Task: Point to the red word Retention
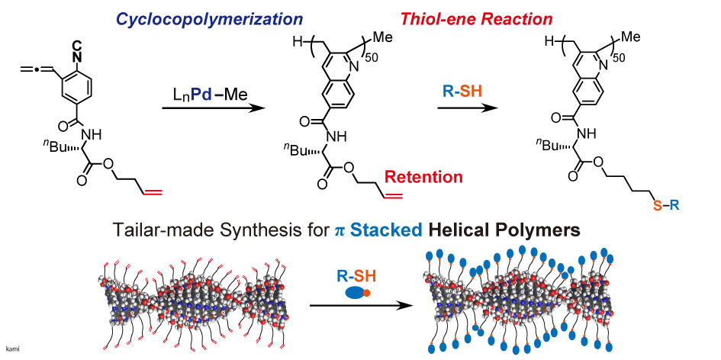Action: [x=423, y=177]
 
